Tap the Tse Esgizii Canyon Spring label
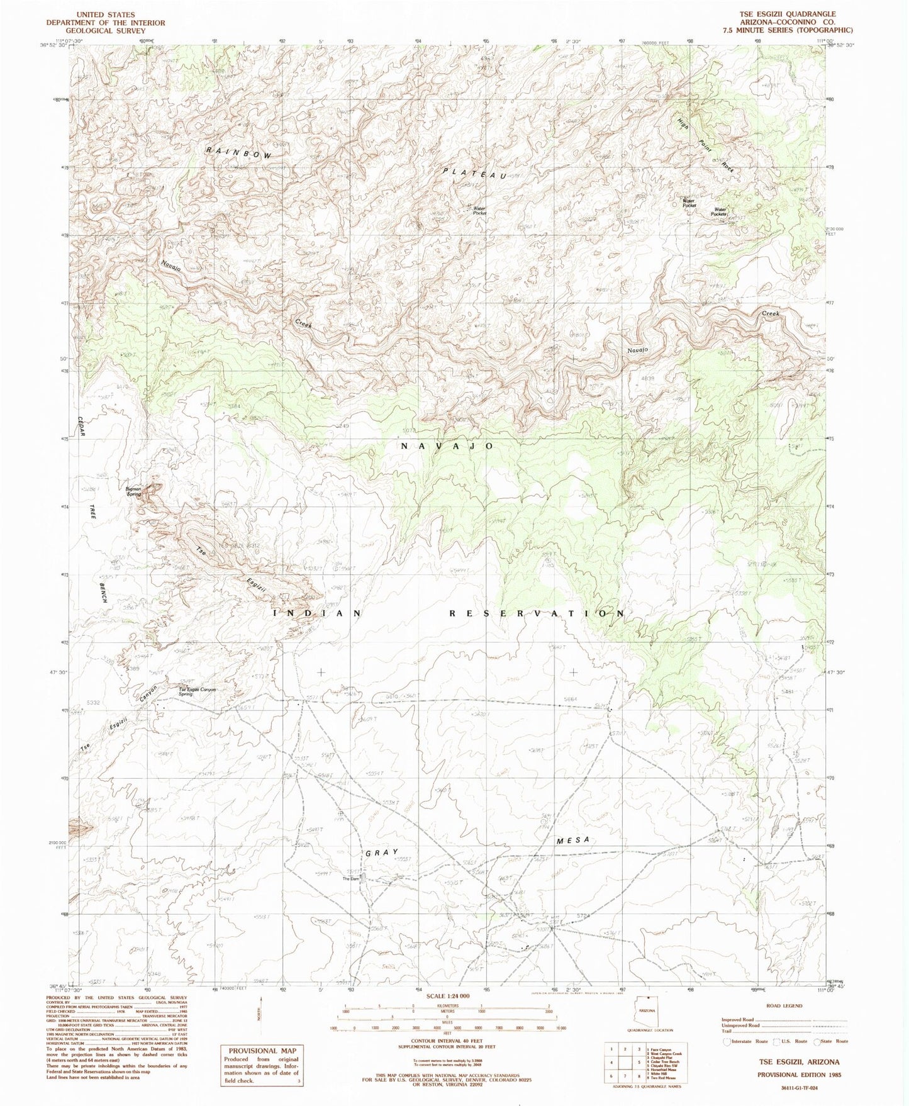[x=198, y=691]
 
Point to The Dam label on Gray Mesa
[x=350, y=878]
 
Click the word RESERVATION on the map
[x=537, y=613]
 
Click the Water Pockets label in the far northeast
[x=720, y=212]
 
